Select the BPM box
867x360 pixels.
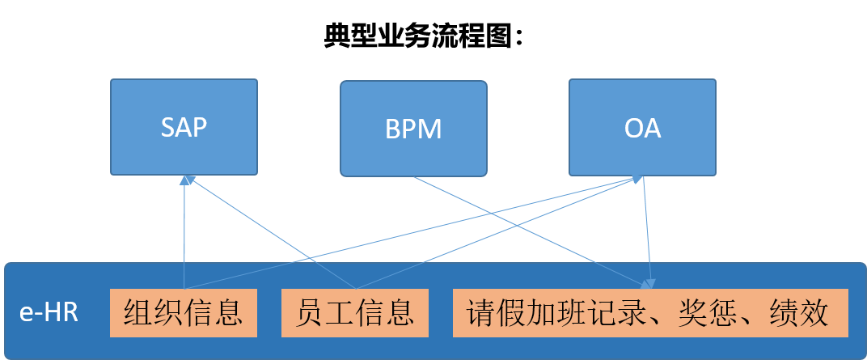tap(413, 128)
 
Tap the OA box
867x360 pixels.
tap(642, 126)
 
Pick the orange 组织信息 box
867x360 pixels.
tap(184, 313)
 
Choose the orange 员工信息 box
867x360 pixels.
tap(355, 313)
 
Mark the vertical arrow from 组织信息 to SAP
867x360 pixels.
tap(184, 235)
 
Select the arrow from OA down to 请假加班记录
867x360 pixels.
tap(647, 235)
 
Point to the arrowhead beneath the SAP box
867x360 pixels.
tap(187, 180)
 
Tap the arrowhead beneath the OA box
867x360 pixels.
tap(639, 179)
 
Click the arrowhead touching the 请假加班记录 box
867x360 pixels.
tap(649, 284)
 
